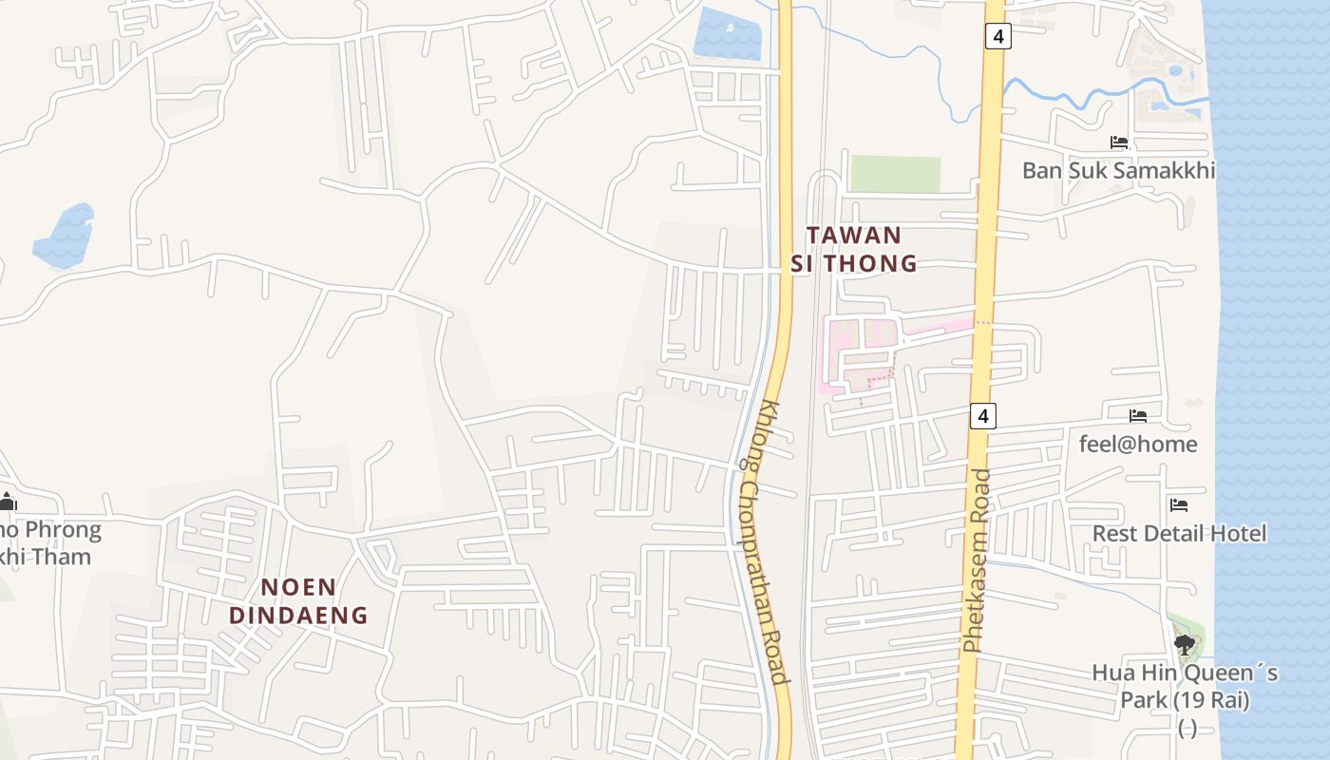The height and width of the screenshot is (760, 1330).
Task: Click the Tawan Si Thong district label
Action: coord(854,249)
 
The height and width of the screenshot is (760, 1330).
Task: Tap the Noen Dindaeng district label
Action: coord(298,600)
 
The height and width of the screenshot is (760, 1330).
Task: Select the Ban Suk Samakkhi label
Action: coord(1118,171)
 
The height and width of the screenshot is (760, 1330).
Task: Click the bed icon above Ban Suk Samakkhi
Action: coord(1119,142)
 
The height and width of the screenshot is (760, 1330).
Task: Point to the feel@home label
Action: coord(1138,444)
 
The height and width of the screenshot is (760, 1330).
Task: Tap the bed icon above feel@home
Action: coord(1138,416)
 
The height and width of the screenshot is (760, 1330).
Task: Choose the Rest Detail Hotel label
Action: coord(1179,533)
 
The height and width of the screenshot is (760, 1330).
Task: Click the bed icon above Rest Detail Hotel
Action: coord(1179,505)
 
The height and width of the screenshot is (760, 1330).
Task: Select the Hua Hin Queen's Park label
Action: coord(1185,687)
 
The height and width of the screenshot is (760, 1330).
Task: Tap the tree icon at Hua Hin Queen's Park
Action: coord(1184,645)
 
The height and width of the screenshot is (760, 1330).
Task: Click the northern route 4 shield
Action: coord(997,37)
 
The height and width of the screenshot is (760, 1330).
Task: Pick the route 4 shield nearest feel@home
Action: coord(983,415)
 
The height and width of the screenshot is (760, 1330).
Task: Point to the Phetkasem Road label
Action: coord(976,560)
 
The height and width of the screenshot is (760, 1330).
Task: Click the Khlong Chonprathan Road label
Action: coord(762,541)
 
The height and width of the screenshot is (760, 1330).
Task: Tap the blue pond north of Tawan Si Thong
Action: coord(729,33)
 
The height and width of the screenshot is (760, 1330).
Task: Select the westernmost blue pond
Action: coord(65,236)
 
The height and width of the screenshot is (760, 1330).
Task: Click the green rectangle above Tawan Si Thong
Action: coord(894,174)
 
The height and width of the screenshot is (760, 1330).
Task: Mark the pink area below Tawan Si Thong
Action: coord(860,353)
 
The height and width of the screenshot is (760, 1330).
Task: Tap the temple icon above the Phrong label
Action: coord(8,502)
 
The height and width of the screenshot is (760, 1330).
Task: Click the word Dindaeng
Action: coord(298,615)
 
